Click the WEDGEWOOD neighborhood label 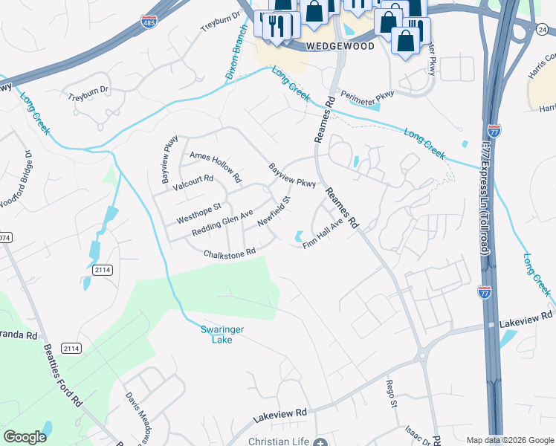click(338, 45)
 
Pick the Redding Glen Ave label click(223, 222)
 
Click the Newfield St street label click(273, 212)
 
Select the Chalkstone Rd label click(230, 253)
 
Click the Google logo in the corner click(25, 437)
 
